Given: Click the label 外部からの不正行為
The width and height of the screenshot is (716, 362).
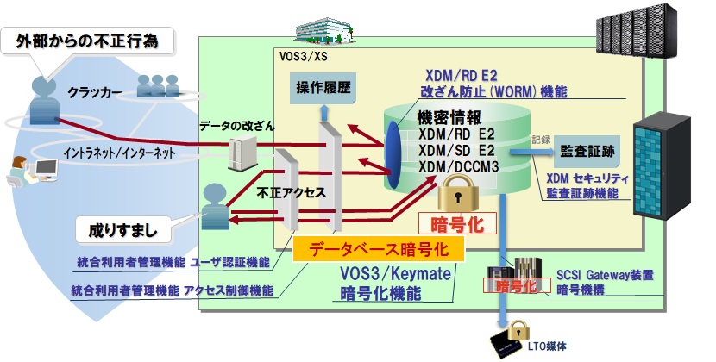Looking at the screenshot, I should tap(86, 41).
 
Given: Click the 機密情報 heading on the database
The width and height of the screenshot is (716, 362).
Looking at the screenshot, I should tap(449, 118).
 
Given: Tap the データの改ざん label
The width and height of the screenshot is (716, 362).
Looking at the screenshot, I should tap(237, 127).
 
